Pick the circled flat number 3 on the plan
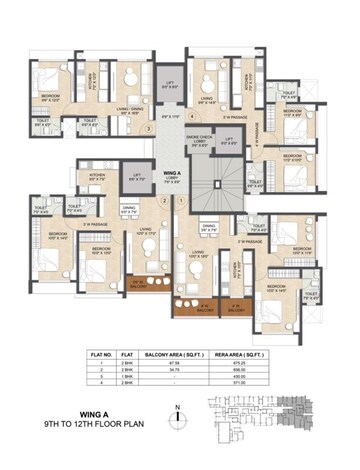tap(149, 129)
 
